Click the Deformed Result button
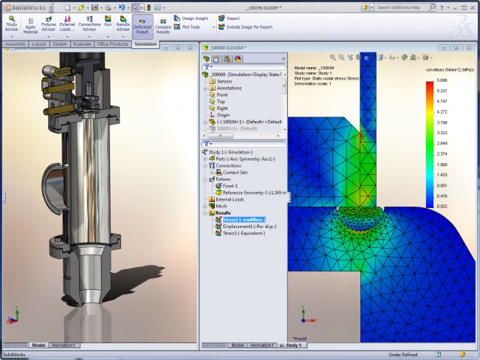pyautogui.click(x=143, y=26)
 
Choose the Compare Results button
pyautogui.click(x=163, y=26)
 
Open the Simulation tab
pyautogui.click(x=145, y=44)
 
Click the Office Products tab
pyautogui.click(x=112, y=44)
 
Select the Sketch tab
pyautogui.click(x=60, y=44)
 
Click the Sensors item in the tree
pyautogui.click(x=224, y=81)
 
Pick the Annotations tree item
pyautogui.click(x=229, y=88)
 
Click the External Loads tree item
pyautogui.click(x=230, y=199)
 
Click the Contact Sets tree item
pyautogui.click(x=237, y=172)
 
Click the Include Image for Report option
pyautogui.click(x=256, y=27)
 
